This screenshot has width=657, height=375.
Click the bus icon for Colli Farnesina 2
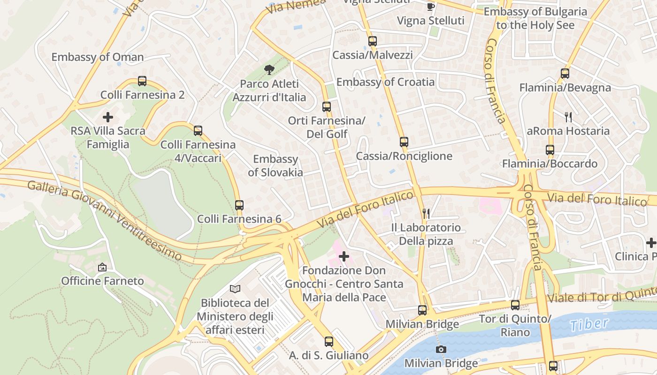click(x=142, y=81)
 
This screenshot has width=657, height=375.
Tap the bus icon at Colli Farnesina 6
click(x=239, y=205)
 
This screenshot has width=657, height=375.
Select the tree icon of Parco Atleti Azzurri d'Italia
click(x=269, y=70)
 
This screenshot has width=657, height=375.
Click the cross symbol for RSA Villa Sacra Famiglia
click(x=108, y=117)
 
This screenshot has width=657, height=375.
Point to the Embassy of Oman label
click(x=98, y=57)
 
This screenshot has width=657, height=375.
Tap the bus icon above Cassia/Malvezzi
click(x=373, y=41)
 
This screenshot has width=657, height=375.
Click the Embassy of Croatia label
click(x=385, y=82)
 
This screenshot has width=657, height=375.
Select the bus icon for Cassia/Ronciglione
click(x=404, y=142)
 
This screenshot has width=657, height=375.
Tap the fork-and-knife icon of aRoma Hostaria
click(x=568, y=117)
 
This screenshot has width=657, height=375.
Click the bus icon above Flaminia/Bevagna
click(x=565, y=74)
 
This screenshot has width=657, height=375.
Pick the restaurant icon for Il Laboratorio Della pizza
click(x=426, y=214)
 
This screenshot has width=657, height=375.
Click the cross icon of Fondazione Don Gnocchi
click(x=344, y=256)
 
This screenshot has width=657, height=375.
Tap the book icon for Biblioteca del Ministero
click(x=235, y=289)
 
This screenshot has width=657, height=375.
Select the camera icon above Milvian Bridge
click(x=441, y=349)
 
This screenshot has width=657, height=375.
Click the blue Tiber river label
click(x=589, y=324)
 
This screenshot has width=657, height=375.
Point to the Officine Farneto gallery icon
click(x=102, y=267)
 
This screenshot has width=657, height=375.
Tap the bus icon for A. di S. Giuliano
click(x=329, y=341)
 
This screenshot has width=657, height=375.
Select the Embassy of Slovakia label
click(x=275, y=165)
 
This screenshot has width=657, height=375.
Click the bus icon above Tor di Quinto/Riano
click(x=515, y=305)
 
